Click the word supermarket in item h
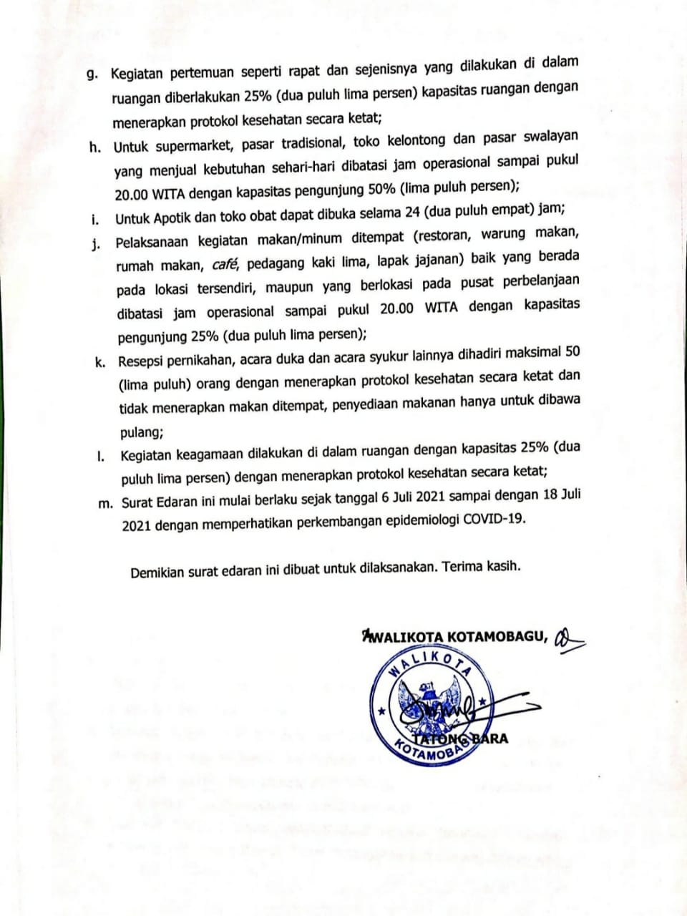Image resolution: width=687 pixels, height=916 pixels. coord(194,145)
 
